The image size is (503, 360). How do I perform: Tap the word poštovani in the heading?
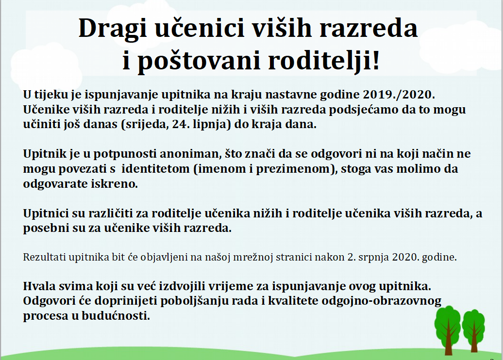tap(199, 62)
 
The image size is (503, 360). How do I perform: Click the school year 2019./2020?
tap(399, 95)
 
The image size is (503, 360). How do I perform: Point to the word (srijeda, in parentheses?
tap(145, 124)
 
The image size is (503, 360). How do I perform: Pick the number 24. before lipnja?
tap(180, 124)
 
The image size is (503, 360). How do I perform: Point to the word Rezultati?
tap(45, 257)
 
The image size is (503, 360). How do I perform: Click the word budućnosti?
tap(116, 316)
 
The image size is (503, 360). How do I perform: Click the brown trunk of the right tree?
tap(474, 340)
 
